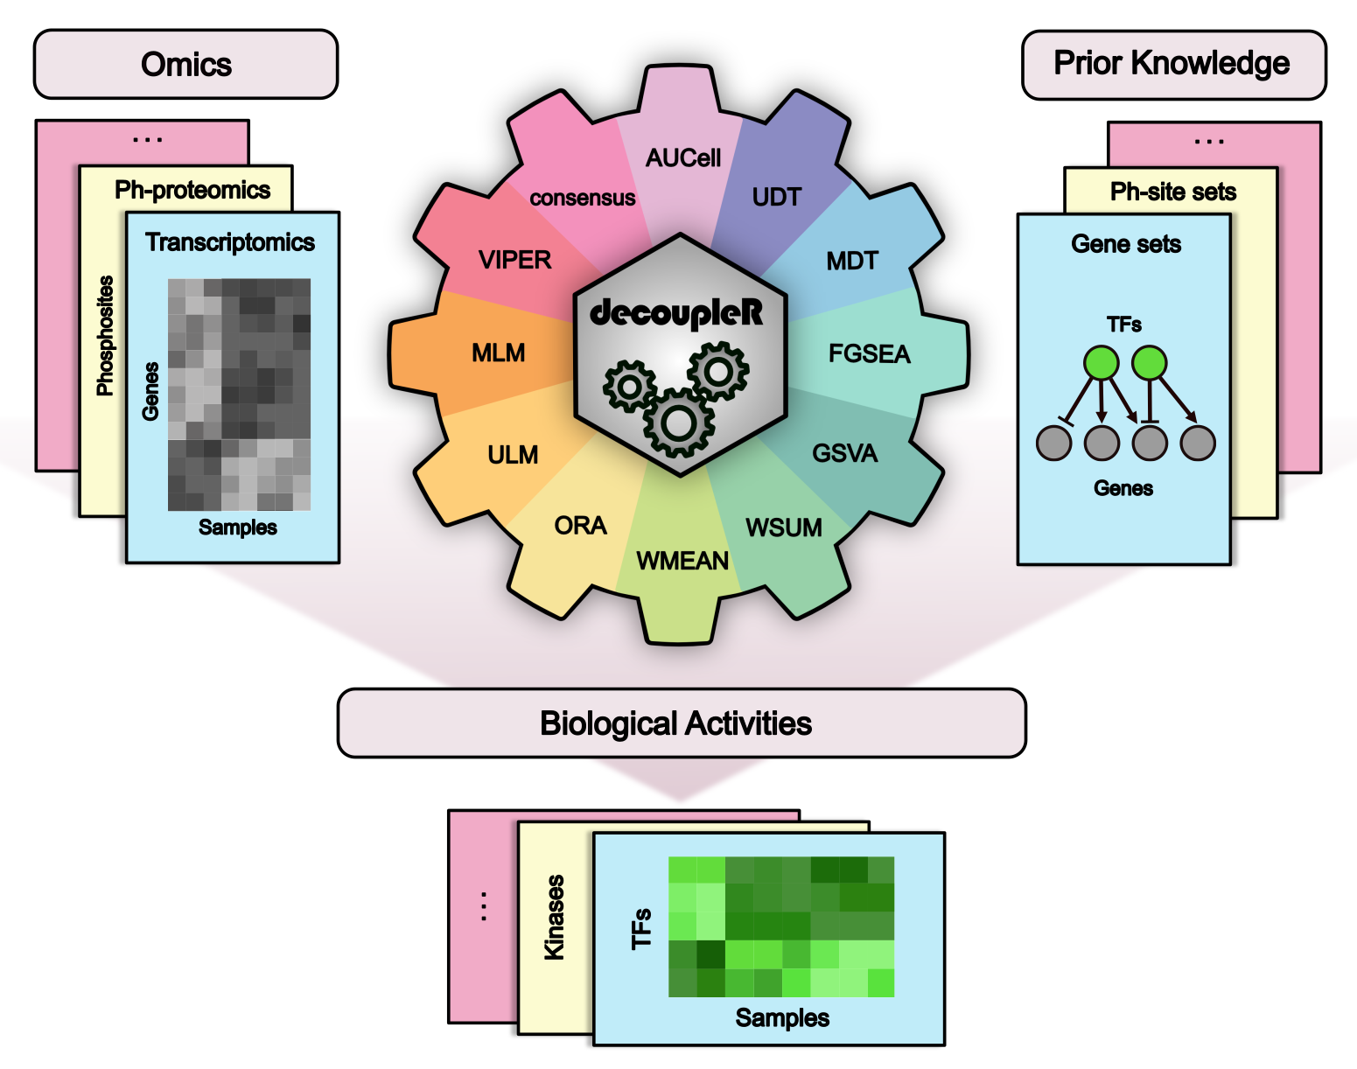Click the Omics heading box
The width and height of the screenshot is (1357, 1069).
pos(185,65)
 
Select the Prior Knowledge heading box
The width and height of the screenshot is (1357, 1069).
pos(1172,64)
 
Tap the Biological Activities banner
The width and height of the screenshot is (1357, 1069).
pos(681,723)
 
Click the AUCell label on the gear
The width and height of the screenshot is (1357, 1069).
pos(683,158)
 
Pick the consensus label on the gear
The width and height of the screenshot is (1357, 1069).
pos(582,199)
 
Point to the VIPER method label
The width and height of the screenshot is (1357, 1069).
pos(514,261)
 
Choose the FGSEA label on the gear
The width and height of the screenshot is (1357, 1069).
pos(870,354)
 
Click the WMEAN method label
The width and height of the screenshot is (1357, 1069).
pos(682,561)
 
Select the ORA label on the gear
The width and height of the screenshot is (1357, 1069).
pos(580,526)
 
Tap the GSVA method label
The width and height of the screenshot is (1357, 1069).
pos(844,454)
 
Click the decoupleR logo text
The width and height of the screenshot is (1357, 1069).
pos(676,313)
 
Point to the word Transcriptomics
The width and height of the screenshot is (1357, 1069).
pos(230,242)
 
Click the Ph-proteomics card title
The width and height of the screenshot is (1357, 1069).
pos(192,190)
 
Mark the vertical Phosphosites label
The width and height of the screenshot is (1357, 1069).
pos(106,336)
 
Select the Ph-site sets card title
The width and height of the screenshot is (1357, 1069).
pos(1173,192)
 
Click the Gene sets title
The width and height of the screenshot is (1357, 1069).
pos(1126,244)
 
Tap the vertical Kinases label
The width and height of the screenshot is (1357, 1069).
pos(555,918)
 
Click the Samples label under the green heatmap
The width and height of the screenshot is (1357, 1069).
pos(782,1018)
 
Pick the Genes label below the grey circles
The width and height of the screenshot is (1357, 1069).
pos(1123,488)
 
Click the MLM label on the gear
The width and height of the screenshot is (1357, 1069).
pos(498,353)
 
